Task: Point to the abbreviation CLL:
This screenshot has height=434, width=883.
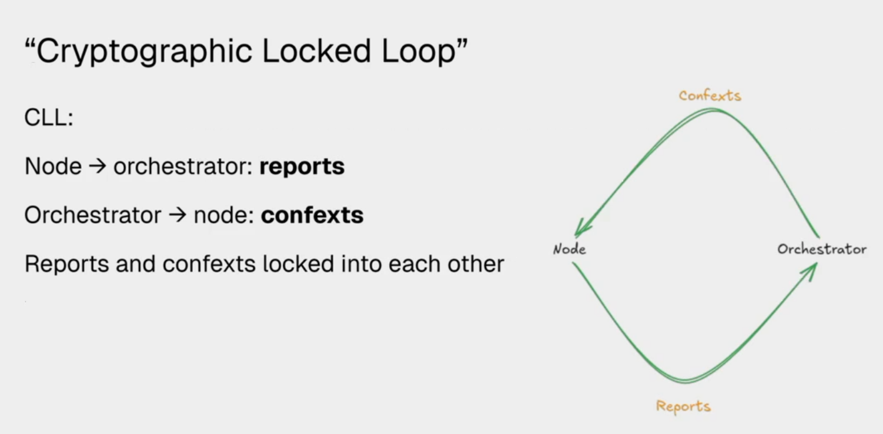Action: coord(49,118)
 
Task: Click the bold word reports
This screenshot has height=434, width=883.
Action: coord(302,167)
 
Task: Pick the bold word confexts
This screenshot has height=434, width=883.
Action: coord(312,216)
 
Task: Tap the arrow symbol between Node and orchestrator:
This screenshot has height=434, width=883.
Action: coord(98,167)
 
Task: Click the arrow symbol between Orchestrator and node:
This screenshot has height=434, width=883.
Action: coord(178,216)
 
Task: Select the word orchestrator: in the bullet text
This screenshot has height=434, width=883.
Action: coord(183,167)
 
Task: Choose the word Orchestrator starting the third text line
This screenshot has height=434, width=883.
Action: coord(92,216)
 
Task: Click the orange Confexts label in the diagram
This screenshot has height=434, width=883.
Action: coord(710,95)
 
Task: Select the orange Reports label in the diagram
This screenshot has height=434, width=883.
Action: coord(683,406)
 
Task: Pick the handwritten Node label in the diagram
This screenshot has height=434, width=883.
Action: coord(569,249)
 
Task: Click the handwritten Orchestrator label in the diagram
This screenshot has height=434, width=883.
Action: coord(821,249)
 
